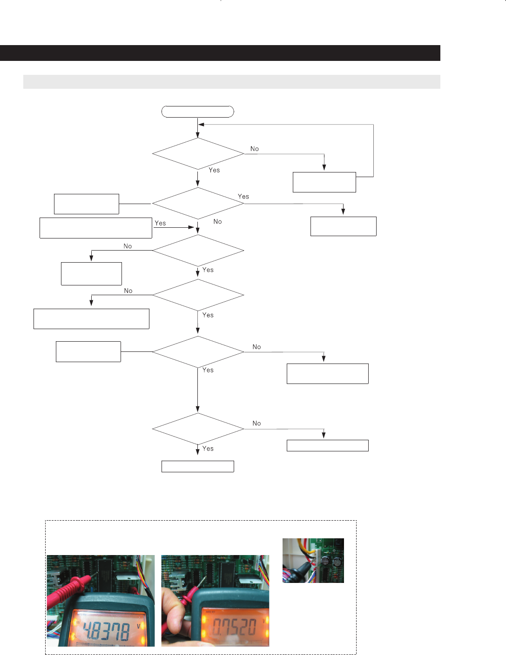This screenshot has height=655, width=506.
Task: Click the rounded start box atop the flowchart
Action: click(197, 112)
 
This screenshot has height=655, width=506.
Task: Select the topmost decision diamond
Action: click(198, 154)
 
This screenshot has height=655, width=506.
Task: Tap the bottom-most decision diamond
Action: click(198, 429)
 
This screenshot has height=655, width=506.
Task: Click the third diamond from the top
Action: click(198, 251)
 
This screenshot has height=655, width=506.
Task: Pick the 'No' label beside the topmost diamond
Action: click(254, 149)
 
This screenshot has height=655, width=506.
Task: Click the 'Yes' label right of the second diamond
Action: click(243, 197)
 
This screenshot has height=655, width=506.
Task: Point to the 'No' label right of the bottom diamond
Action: click(256, 423)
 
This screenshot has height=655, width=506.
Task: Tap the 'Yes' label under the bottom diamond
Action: click(208, 449)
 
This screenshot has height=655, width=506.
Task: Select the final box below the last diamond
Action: click(197, 466)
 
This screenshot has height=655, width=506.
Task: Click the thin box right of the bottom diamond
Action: click(327, 445)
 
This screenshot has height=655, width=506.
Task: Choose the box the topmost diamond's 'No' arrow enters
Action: click(324, 182)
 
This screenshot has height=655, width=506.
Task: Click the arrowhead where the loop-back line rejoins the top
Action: click(201, 125)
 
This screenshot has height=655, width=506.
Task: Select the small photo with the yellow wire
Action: click(313, 560)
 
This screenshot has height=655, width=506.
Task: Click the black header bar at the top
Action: click(220, 53)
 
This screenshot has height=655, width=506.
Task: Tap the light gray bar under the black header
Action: click(231, 82)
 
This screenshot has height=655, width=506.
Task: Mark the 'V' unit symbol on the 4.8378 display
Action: click(138, 626)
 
